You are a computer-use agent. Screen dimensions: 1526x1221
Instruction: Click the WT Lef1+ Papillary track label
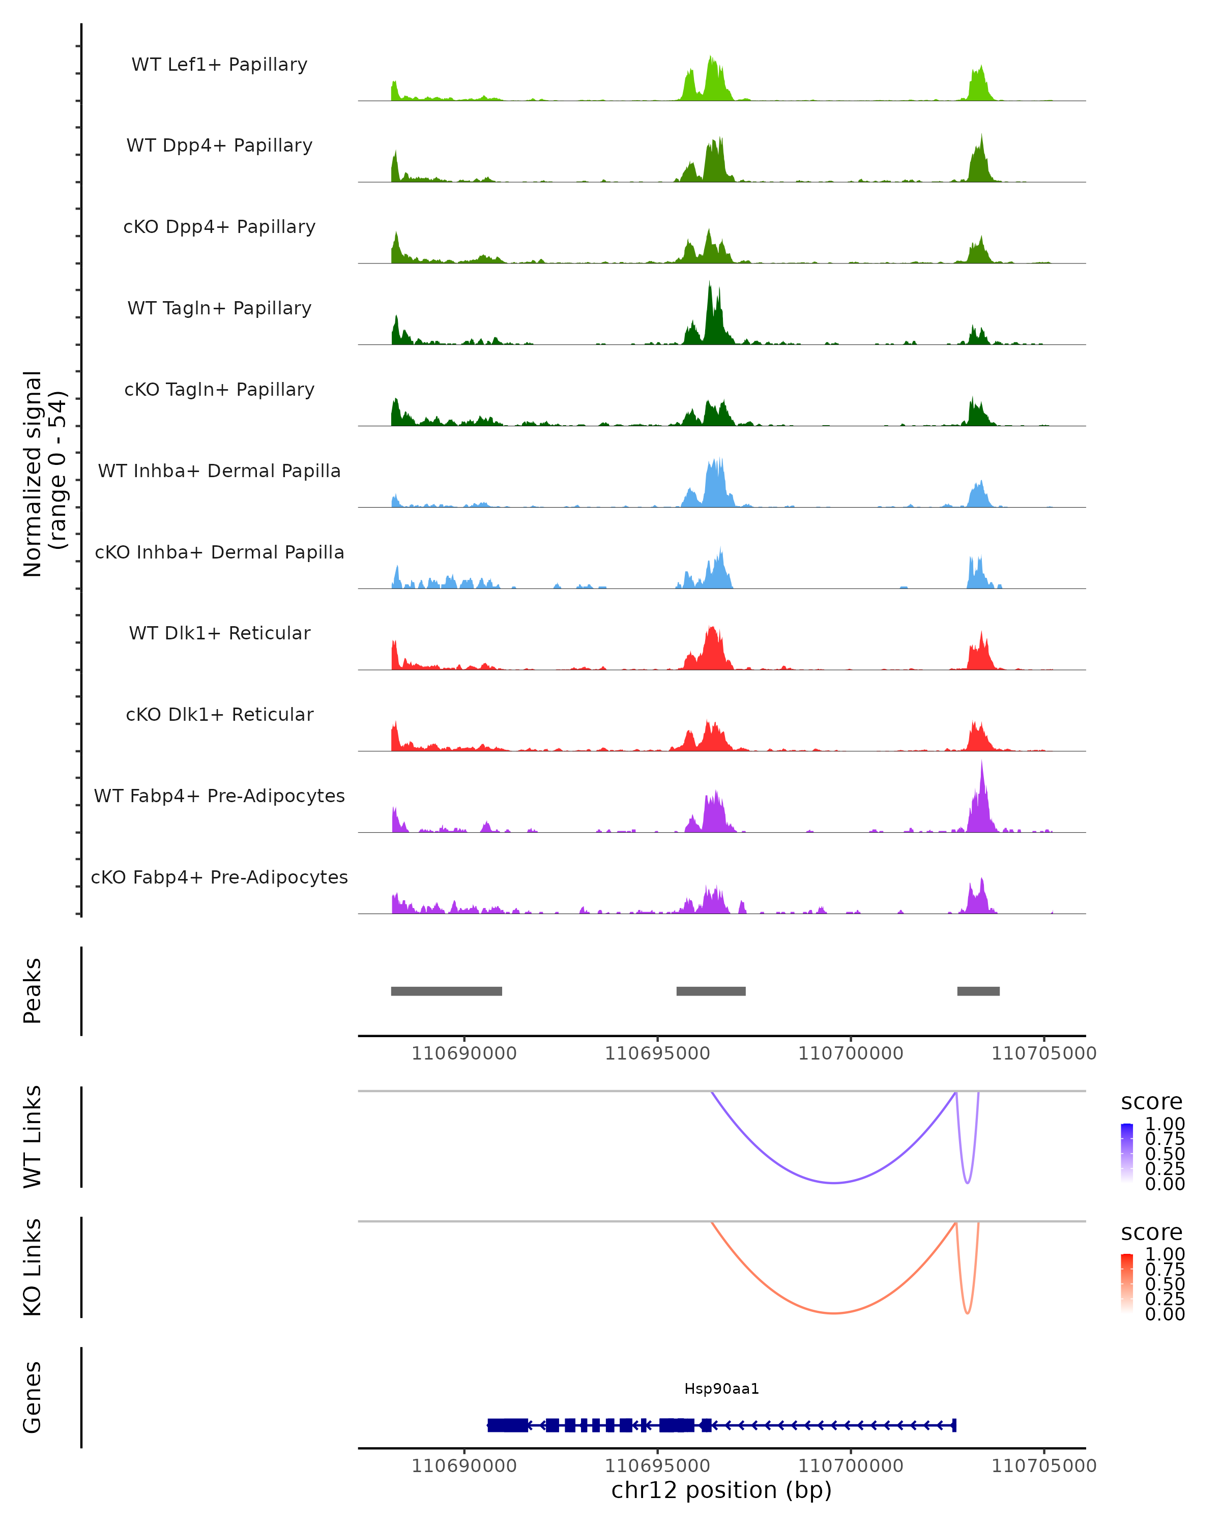click(219, 65)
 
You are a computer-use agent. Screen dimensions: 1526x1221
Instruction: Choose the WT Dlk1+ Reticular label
click(219, 633)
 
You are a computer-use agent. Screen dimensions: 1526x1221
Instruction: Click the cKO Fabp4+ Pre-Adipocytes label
click(219, 877)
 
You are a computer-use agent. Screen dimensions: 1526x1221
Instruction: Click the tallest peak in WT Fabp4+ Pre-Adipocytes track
click(982, 765)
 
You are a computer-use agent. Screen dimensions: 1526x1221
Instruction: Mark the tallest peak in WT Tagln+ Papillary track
click(709, 284)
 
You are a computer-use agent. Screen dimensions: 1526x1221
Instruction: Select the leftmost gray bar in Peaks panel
click(447, 991)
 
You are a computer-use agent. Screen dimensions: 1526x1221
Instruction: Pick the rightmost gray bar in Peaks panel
click(978, 991)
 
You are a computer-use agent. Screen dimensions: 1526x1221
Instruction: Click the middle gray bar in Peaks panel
click(711, 991)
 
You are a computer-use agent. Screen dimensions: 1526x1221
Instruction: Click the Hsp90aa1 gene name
click(721, 1389)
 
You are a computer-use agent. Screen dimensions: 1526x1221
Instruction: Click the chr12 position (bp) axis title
click(721, 1490)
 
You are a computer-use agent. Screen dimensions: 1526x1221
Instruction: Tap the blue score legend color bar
click(1127, 1153)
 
